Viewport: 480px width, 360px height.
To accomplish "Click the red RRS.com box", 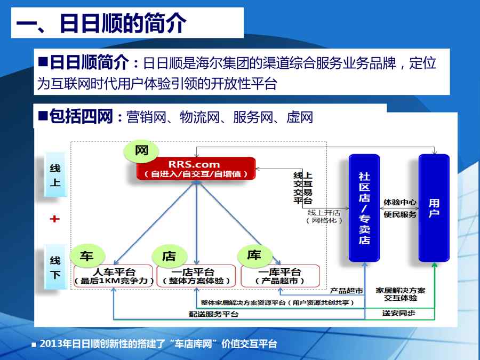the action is [196, 169].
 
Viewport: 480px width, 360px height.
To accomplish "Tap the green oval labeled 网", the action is [141, 151].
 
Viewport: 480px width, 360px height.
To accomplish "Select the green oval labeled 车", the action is [87, 255].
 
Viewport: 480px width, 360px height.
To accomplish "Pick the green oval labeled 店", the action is [170, 255].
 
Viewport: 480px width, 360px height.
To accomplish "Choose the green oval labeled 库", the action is [255, 255].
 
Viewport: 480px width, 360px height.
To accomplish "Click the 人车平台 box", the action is [113, 276].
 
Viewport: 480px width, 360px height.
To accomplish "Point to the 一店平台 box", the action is [196, 276].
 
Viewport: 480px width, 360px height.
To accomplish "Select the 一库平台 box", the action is [280, 276].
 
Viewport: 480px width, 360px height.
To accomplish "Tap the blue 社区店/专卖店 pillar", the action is [364, 208].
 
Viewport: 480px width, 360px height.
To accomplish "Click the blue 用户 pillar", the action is [434, 208].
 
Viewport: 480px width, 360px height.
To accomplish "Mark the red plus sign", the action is [54, 219].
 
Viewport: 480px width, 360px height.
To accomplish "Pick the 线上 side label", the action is [55, 175].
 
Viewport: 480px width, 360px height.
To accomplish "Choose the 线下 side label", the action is [55, 267].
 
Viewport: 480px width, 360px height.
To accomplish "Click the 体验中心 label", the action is [400, 202].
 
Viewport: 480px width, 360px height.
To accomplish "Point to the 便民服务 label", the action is [400, 214].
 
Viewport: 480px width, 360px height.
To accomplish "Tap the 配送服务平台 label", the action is [214, 314].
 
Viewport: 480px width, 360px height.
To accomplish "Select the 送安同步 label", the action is [398, 313].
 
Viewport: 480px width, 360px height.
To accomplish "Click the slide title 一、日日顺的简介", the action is [101, 23].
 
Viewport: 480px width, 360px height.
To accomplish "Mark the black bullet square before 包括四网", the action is [43, 115].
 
